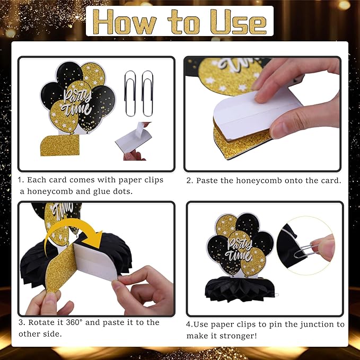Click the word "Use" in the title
[239, 22]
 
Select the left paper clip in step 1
[130, 93]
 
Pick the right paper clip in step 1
[147, 93]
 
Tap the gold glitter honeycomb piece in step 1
[60, 145]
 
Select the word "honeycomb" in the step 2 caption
[259, 181]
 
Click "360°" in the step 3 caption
[74, 322]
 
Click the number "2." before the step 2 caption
[190, 181]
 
